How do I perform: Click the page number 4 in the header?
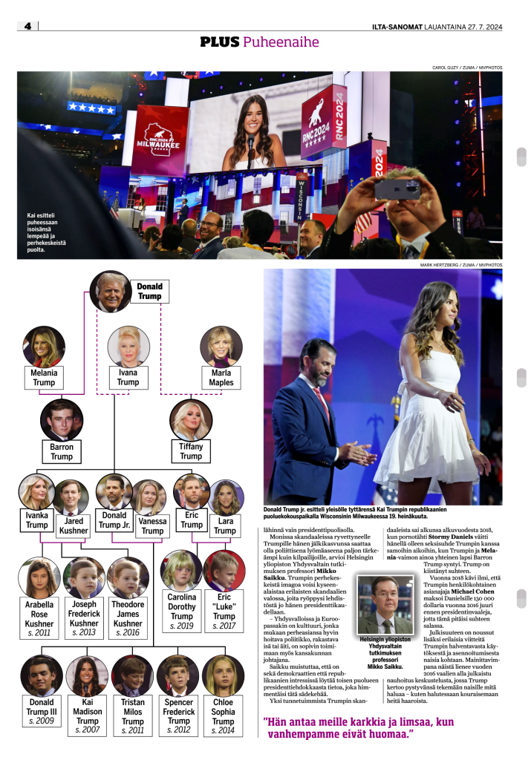[27, 26]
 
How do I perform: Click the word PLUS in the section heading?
[220, 42]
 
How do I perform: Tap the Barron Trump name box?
[62, 451]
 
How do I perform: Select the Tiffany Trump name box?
[191, 451]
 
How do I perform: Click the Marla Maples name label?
[221, 377]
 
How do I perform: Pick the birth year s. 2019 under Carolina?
[181, 626]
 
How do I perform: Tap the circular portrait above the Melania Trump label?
[44, 347]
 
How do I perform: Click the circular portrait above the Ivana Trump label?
[128, 347]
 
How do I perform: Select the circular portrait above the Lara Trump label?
[225, 497]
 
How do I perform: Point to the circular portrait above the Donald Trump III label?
[41, 675]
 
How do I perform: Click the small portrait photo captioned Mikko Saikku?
[385, 605]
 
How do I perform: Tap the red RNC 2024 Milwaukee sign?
[160, 140]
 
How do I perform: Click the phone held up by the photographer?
[397, 188]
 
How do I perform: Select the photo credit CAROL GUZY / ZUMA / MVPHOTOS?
[467, 68]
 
